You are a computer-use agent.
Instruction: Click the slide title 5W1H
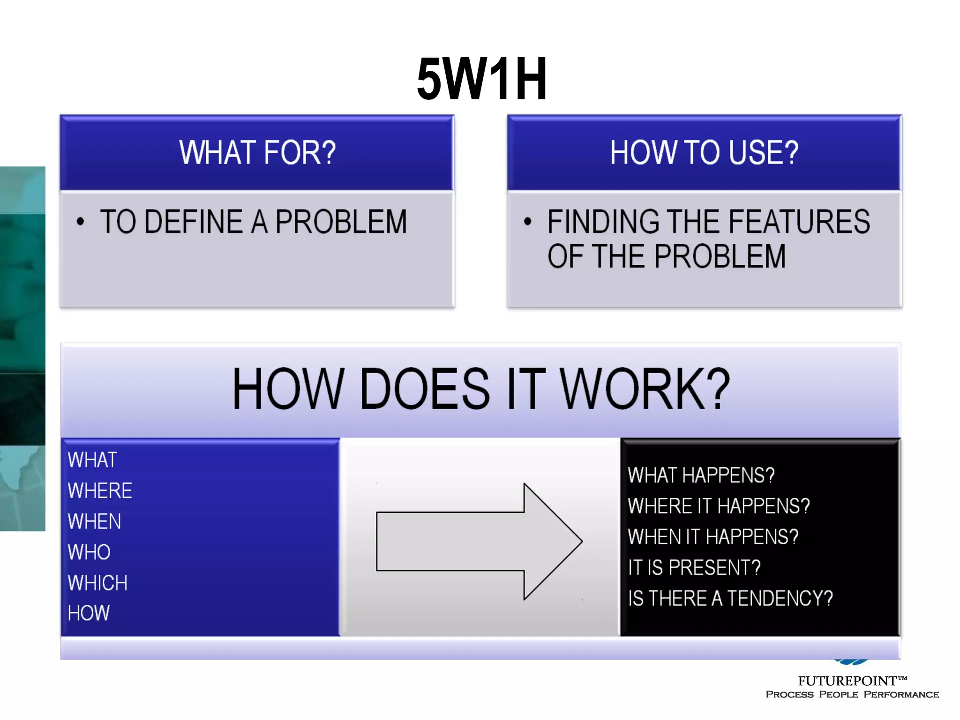click(482, 79)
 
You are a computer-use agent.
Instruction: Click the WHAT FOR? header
click(257, 153)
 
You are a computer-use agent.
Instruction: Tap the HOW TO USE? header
click(704, 153)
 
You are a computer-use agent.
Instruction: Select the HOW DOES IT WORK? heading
click(481, 389)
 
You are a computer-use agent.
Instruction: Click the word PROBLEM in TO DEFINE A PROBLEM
click(341, 222)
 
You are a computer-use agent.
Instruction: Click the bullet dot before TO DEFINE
click(80, 222)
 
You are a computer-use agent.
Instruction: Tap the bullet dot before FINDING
click(528, 222)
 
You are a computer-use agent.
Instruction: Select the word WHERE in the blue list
click(100, 491)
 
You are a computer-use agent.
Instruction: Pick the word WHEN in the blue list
click(94, 522)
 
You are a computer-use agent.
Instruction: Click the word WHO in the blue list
click(89, 552)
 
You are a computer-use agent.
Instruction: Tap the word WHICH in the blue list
click(97, 583)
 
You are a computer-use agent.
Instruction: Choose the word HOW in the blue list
click(89, 613)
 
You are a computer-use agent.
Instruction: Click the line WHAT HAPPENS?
click(701, 475)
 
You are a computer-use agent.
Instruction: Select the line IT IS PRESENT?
click(694, 568)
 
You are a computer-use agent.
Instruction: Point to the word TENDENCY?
click(780, 599)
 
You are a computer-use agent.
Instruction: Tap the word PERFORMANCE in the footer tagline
click(901, 695)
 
